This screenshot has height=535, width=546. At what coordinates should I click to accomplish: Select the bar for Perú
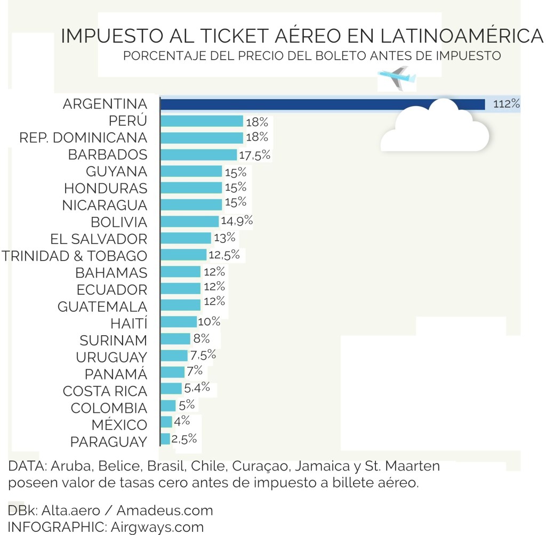tap(202, 121)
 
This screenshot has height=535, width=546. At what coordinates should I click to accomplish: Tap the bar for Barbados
tap(198, 155)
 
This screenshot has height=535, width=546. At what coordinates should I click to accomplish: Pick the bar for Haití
tap(179, 322)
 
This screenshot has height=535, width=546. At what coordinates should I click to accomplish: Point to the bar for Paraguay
tap(165, 439)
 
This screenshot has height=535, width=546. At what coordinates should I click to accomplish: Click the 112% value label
tap(506, 104)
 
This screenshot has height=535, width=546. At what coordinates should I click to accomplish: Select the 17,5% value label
tap(255, 155)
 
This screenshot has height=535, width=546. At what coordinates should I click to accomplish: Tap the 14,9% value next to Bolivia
tap(237, 221)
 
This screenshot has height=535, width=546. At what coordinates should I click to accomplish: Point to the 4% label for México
tap(182, 421)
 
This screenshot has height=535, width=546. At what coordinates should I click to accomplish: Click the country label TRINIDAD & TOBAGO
tap(74, 256)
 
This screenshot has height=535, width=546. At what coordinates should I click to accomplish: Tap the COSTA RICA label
tap(105, 391)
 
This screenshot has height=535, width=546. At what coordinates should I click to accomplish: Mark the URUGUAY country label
tap(111, 357)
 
